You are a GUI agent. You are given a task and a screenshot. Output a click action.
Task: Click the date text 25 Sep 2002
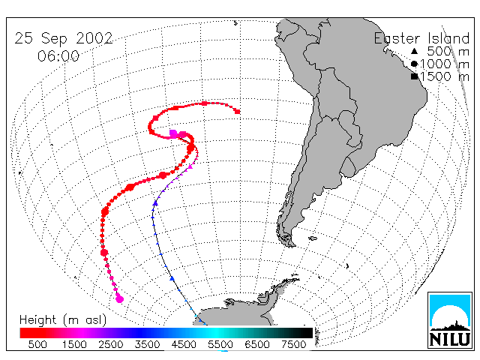pos(64,38)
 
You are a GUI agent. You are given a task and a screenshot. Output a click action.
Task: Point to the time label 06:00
pos(58,56)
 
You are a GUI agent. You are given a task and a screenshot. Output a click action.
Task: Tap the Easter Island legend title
pos(421,38)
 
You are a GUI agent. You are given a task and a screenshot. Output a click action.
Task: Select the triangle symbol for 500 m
pos(414,51)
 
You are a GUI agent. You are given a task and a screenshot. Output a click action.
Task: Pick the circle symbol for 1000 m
pos(414,64)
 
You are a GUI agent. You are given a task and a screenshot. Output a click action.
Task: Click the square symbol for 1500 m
pos(414,76)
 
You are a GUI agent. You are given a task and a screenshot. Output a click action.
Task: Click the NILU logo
pos(450,320)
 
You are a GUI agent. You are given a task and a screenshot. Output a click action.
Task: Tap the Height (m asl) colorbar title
pos(63,320)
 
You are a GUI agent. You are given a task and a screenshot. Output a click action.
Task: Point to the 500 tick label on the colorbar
pos(37,344)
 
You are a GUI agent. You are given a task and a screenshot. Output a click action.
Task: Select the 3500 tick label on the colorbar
pos(147,344)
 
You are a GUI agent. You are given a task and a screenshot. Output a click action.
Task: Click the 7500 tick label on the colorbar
pos(293,344)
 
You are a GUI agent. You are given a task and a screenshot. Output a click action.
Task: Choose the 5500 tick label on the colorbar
pos(220,344)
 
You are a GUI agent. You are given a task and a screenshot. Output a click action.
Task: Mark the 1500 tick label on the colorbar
pos(74,344)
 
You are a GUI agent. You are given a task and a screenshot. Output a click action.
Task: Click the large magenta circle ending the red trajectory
pos(119,298)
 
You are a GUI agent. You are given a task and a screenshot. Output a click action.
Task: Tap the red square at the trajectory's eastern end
pos(237,112)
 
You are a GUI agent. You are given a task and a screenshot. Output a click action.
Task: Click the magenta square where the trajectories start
pos(173,133)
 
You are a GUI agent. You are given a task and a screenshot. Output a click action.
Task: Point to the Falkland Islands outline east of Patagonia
pos(313,238)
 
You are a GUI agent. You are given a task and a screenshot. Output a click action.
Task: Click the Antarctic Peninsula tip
pos(298,278)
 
